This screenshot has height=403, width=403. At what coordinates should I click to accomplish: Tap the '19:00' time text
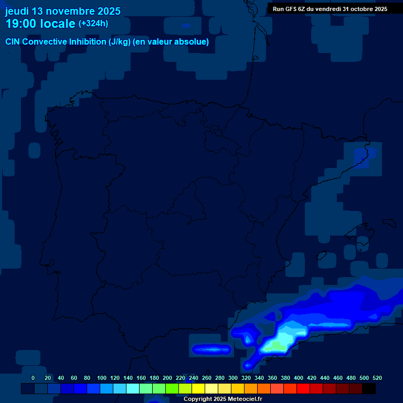coord(22,24)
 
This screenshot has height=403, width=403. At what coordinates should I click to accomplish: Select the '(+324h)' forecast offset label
coord(93,24)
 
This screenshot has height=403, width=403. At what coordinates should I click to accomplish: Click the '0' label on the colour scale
coord(33,378)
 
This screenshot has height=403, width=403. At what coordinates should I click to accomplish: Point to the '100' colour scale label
coord(102,378)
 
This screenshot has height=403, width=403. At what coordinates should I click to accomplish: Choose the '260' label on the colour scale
coord(207,378)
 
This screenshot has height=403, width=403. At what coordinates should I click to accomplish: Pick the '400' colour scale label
coord(299,378)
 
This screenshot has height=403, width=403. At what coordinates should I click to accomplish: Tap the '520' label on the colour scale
coord(377,378)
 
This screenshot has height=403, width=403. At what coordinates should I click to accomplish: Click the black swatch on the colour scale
coord(369,388)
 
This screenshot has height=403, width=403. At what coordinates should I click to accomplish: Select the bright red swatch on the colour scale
coord(303,388)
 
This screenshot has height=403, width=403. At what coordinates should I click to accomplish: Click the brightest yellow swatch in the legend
coord(198,388)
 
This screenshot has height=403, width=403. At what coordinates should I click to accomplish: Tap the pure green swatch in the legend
coord(172,388)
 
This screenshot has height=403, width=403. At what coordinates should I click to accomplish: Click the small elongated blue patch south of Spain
coord(211,348)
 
